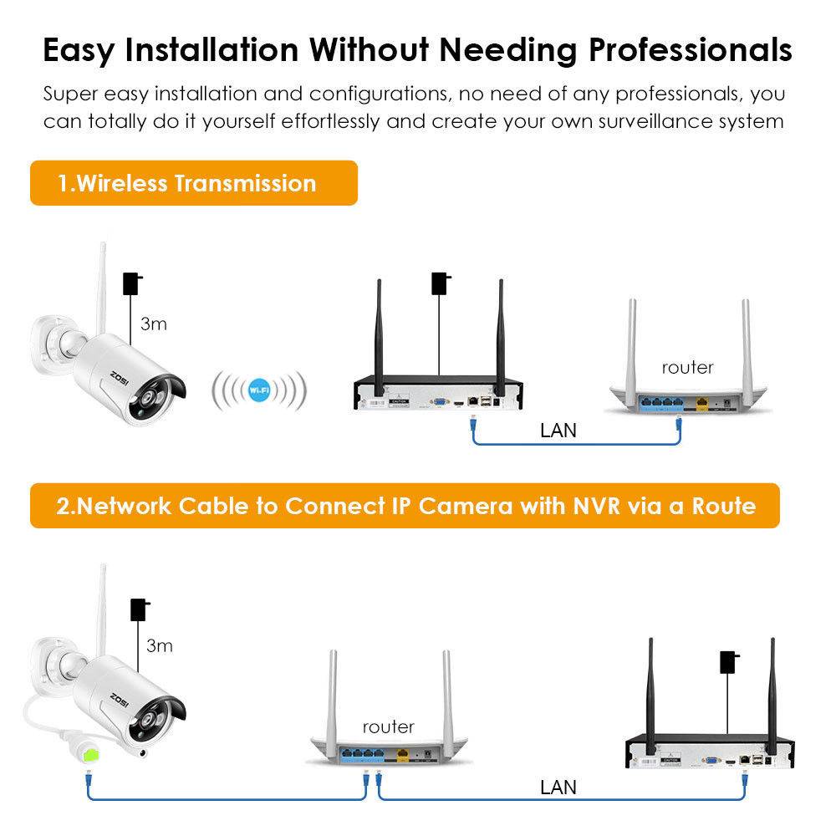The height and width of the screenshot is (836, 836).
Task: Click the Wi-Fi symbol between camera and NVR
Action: pos(259,390)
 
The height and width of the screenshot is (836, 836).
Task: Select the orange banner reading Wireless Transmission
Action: pos(194,183)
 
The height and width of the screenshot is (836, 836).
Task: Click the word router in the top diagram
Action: pos(688,367)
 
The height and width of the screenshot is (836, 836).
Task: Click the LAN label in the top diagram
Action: pos(558,431)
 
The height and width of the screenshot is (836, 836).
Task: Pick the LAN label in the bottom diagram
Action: pos(558,787)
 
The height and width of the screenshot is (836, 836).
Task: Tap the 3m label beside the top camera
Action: pos(154,324)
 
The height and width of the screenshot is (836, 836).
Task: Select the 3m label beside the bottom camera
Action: pos(159,645)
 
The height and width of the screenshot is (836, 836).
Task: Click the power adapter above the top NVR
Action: pos(439,283)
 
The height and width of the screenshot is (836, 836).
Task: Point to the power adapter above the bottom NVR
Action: pos(730,663)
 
